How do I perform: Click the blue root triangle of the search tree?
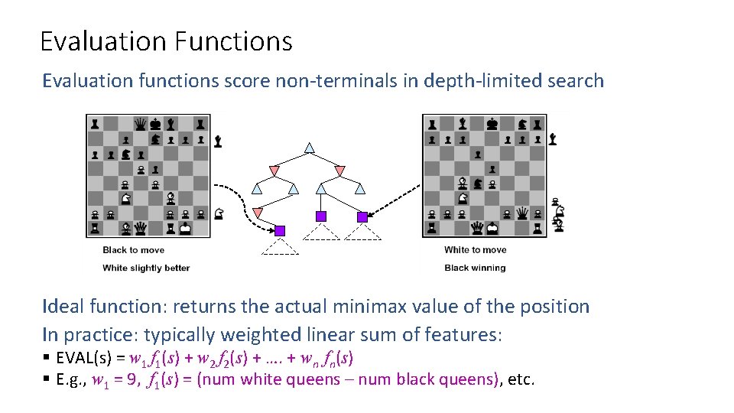coord(310,147)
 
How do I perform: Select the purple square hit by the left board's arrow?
coord(280,230)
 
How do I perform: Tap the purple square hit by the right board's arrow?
coord(362,217)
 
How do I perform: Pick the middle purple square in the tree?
coord(321,216)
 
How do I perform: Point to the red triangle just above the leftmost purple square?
coord(258,212)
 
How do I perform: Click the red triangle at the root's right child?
coord(339,168)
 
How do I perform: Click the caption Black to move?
coord(133,250)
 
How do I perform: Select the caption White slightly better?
coord(146,268)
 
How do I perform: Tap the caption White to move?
coord(475,250)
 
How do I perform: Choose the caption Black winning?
coord(475,268)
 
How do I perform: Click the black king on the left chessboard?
coord(155,124)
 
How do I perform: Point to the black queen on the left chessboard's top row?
coord(140,124)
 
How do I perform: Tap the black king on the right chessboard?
coord(493,124)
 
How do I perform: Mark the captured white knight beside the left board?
coord(219,213)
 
